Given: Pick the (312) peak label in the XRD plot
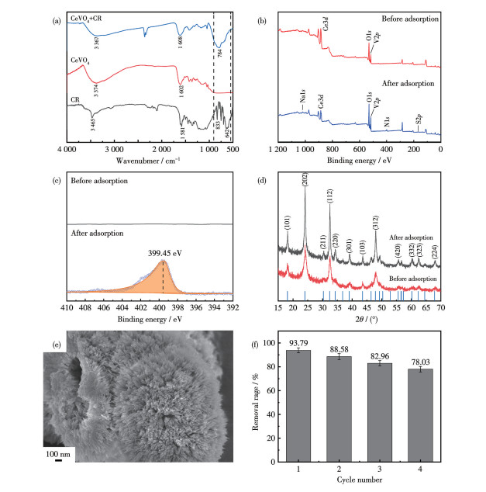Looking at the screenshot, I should coord(375,221).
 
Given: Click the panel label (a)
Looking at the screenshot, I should coord(56,11).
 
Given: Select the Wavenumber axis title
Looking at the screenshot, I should coord(147,161).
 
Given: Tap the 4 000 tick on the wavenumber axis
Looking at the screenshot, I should coord(68,148).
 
